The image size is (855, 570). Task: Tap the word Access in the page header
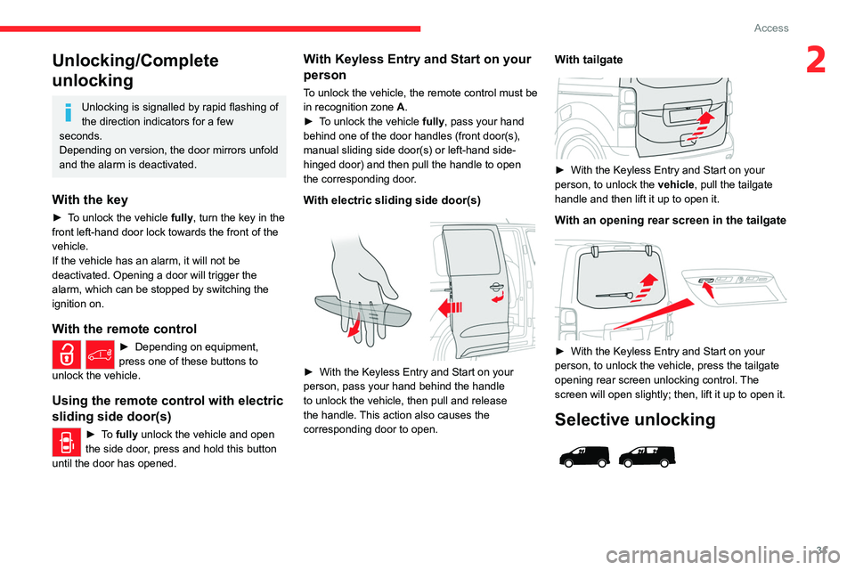pyautogui.click(x=771, y=28)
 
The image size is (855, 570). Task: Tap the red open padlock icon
pyautogui.click(x=68, y=355)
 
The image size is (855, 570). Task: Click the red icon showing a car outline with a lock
pyautogui.click(x=101, y=355)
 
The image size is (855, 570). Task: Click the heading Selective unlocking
pyautogui.click(x=635, y=420)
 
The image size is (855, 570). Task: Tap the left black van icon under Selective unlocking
pyautogui.click(x=584, y=457)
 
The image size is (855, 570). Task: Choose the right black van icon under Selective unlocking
pyautogui.click(x=647, y=457)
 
